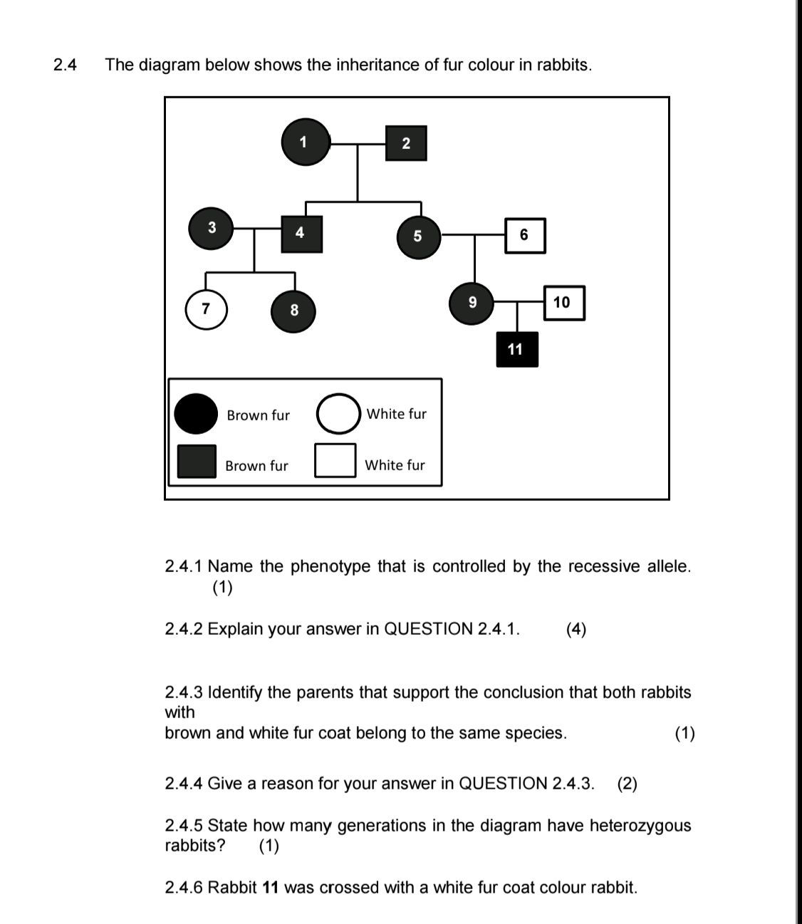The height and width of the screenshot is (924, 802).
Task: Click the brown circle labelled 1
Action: tap(306, 142)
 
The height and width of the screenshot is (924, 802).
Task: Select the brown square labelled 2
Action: tap(406, 143)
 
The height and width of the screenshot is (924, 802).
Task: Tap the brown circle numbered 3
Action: tap(212, 228)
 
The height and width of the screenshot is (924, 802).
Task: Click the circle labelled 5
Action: tap(417, 236)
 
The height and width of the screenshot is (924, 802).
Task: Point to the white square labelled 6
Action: tap(525, 235)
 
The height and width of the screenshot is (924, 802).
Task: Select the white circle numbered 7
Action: tap(207, 309)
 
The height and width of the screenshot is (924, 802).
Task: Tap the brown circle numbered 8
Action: tap(293, 310)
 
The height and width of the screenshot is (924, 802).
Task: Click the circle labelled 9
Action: tap(472, 302)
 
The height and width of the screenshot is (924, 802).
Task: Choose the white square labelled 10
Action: tap(563, 303)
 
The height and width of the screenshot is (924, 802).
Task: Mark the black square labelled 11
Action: tap(516, 349)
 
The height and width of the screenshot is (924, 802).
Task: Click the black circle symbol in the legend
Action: tap(196, 413)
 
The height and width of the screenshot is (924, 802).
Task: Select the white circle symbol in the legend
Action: tap(338, 413)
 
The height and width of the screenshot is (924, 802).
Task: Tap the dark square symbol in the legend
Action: tap(197, 461)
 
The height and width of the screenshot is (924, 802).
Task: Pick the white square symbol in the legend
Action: tap(335, 460)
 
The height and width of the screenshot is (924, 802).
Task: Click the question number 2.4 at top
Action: tap(65, 65)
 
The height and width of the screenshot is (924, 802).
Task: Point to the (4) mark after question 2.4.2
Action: tap(576, 629)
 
